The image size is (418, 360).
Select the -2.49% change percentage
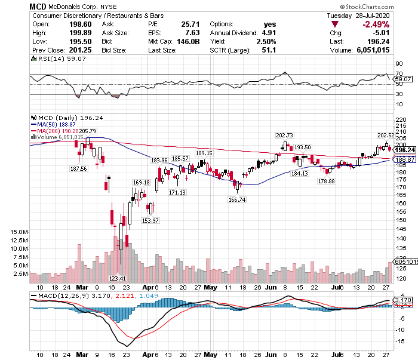click(375, 24)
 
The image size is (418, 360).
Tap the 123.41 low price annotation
click(118, 278)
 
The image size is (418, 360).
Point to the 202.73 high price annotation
click(284, 136)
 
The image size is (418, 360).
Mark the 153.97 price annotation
click(150, 220)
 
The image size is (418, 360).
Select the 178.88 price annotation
click(326, 180)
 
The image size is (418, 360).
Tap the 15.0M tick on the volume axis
click(17, 232)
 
